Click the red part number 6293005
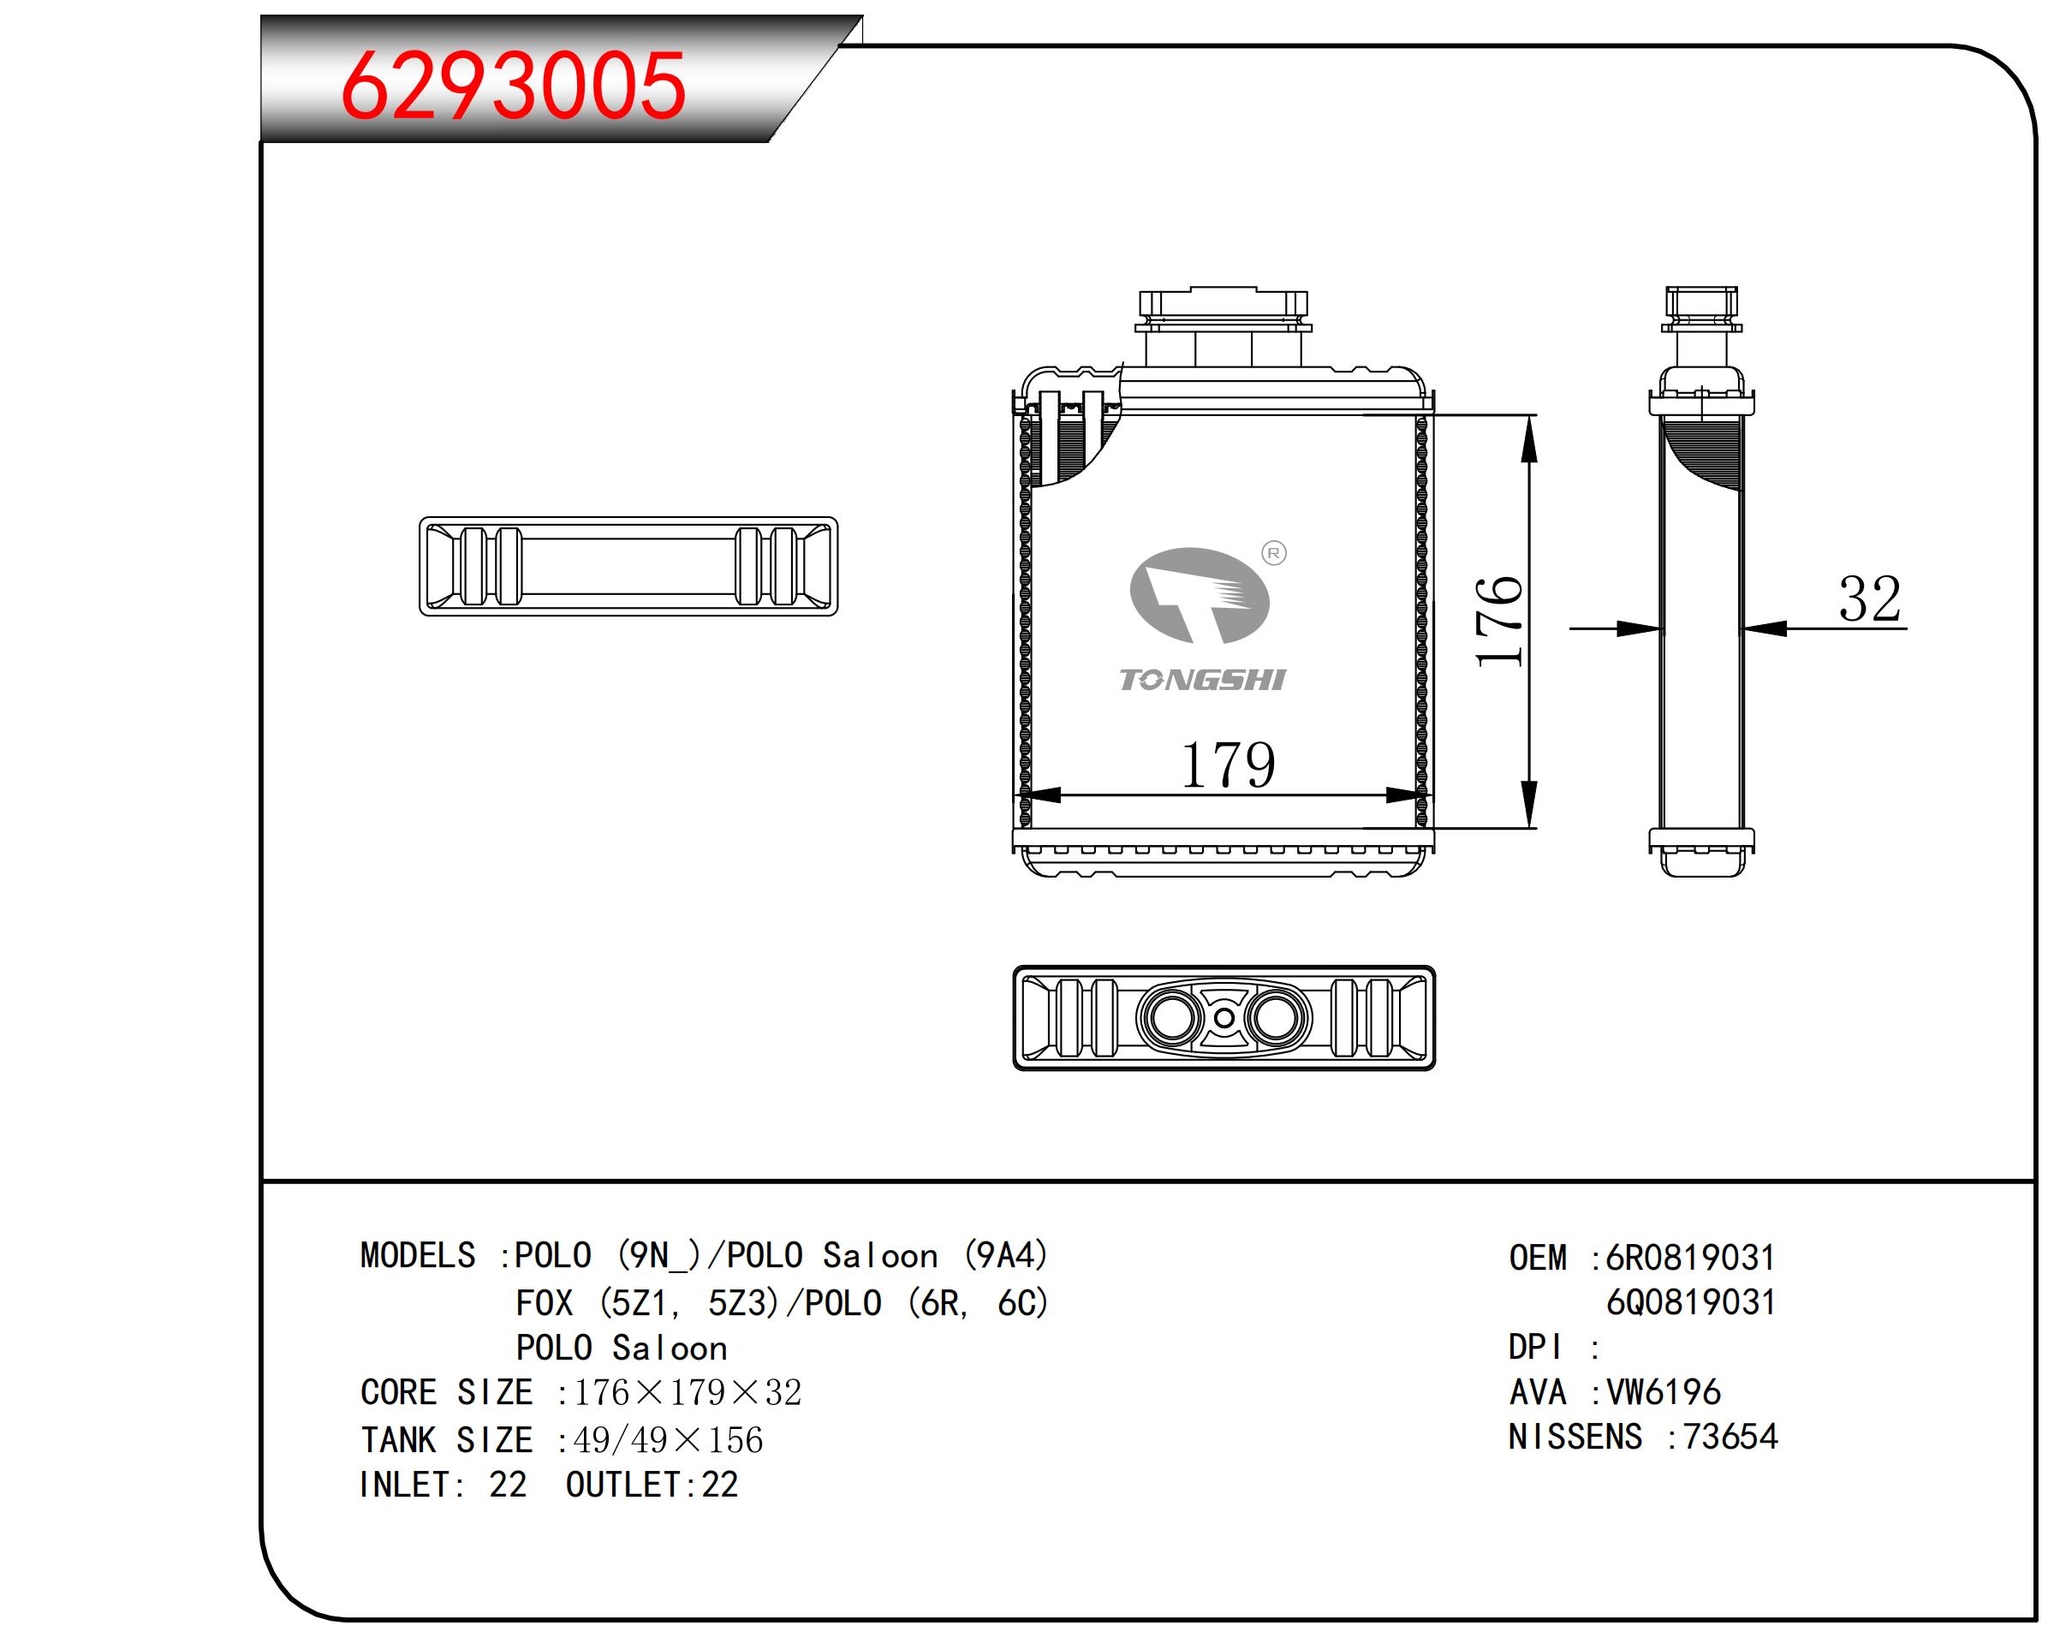(x=513, y=86)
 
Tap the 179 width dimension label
(x=1228, y=765)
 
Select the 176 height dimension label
(x=1498, y=622)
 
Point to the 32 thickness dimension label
(x=1868, y=599)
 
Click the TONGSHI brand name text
(x=1201, y=680)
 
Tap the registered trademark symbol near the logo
(x=1273, y=553)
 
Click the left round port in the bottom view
(x=1172, y=1017)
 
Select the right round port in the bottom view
(x=1276, y=1017)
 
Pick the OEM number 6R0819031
(x=1690, y=1257)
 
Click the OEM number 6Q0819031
(x=1691, y=1302)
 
